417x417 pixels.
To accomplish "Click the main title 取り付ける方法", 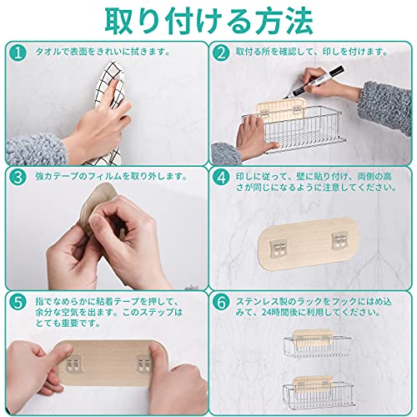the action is pos(208,22).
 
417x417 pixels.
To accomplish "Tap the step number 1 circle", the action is pos(18,53).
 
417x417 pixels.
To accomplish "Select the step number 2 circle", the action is pos(221,53).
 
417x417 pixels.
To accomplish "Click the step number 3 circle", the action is pos(18,178).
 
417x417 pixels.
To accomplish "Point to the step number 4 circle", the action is pos(221,178).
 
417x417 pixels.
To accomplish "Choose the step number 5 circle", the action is pos(18,303).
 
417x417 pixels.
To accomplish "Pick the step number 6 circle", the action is pos(221,303).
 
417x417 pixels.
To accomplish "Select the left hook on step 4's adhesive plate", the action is pos(278,249).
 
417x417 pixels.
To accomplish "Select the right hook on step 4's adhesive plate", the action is pos(339,240).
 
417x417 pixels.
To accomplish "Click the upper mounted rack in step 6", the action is pos(317,344).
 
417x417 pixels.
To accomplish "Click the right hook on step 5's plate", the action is pos(144,364).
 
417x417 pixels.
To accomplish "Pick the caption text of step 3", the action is pos(111,176).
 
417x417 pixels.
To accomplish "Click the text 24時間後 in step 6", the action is pos(282,313).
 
